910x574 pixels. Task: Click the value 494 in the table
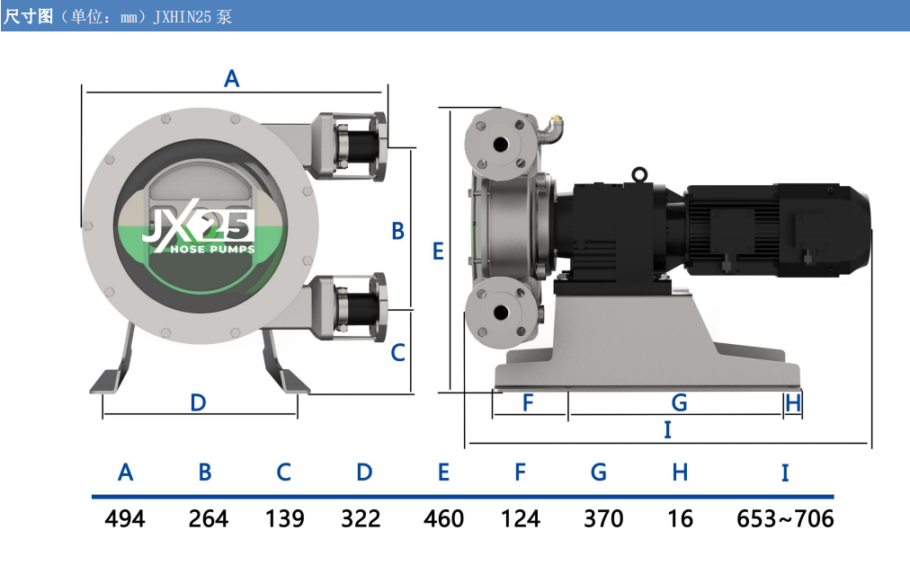[125, 518]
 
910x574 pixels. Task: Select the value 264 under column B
[209, 518]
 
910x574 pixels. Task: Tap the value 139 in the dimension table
[284, 518]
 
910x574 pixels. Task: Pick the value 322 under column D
[361, 518]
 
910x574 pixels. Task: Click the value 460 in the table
[443, 518]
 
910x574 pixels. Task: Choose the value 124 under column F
[520, 518]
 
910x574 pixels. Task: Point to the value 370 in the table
[603, 518]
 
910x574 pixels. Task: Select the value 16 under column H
[680, 518]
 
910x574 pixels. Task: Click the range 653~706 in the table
[785, 518]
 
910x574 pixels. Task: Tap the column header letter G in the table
[598, 472]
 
